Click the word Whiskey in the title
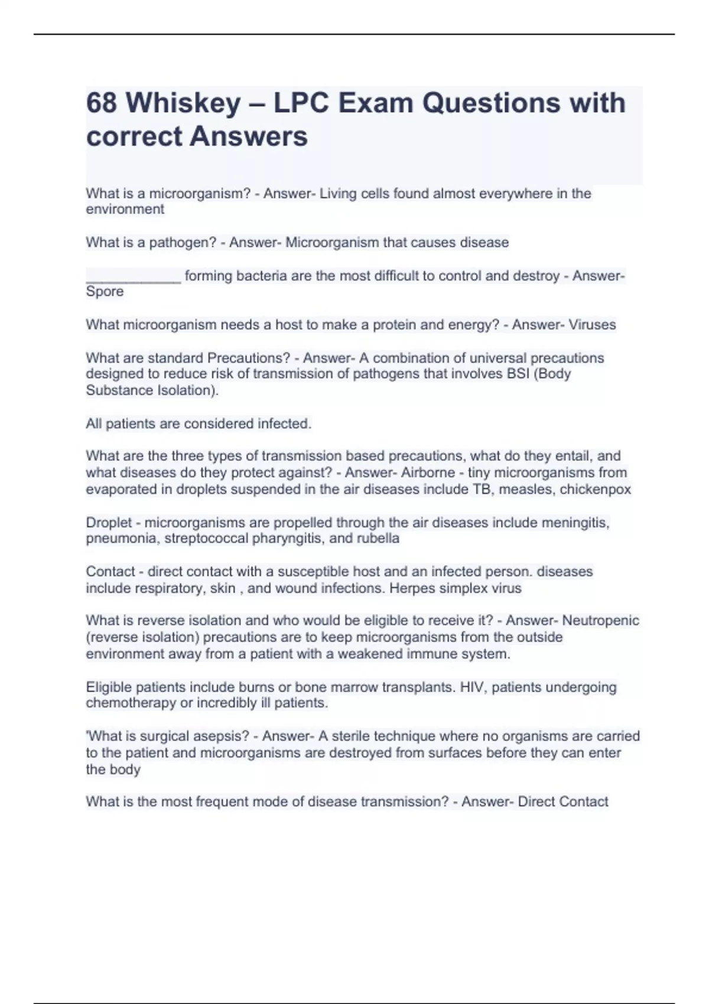183,103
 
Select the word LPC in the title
295,103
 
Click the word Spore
105,292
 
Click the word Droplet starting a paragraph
109,523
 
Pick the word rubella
378,539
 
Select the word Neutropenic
600,621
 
